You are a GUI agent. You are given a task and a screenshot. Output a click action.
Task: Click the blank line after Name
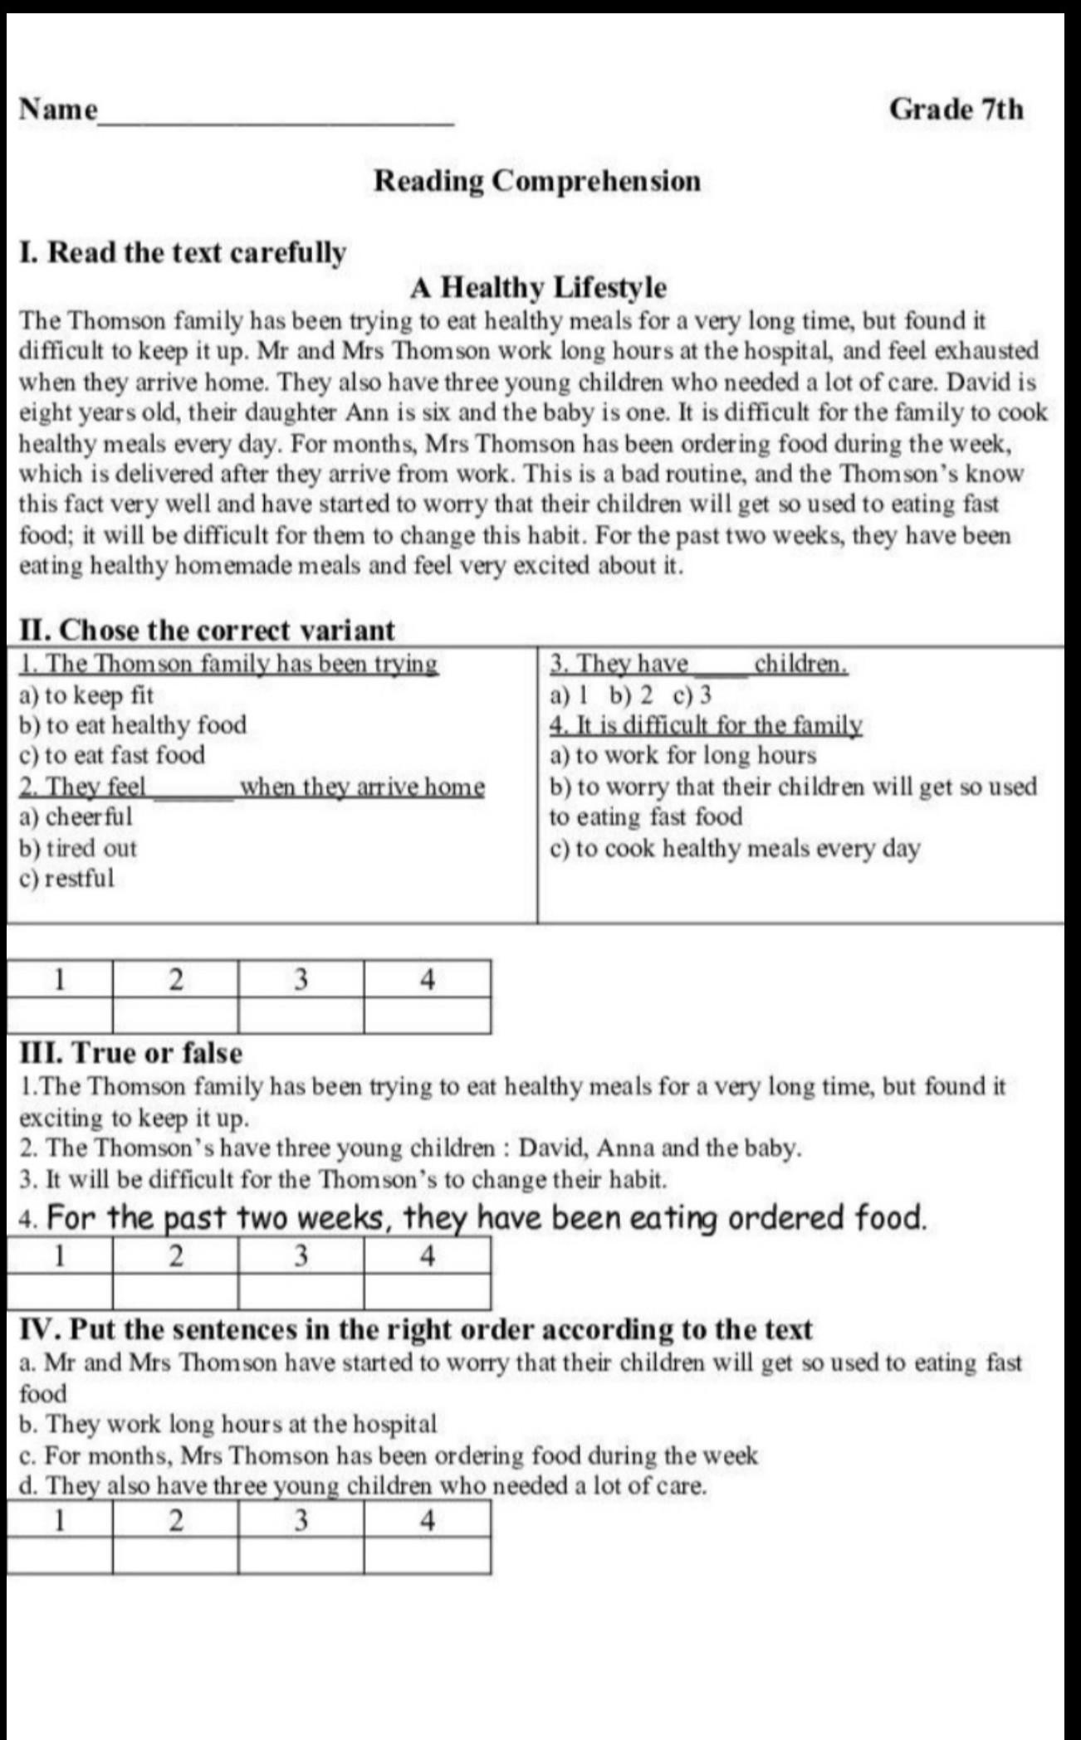coord(276,116)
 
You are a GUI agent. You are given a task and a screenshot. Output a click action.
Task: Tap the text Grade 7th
coord(956,109)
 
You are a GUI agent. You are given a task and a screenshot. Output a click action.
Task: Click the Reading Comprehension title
coord(537,181)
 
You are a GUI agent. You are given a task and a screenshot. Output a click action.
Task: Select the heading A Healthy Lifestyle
coord(537,288)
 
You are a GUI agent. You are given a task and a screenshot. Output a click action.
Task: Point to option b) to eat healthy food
coord(133,725)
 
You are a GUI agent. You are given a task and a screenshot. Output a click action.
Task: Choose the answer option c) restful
coord(66,878)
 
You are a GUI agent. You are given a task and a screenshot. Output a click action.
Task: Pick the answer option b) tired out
coord(77,848)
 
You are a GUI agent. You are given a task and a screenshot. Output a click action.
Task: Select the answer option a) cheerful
coord(76,816)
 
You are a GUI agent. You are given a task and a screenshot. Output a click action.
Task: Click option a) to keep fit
coord(86,695)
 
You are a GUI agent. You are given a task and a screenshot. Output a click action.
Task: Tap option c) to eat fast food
coord(111,755)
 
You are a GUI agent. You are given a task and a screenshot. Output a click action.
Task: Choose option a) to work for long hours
coord(682,755)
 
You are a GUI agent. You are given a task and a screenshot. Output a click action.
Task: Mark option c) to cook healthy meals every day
coord(735,848)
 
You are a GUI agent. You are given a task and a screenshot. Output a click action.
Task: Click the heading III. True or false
coord(131,1053)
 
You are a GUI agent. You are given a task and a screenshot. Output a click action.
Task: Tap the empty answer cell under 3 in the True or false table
coord(301,1291)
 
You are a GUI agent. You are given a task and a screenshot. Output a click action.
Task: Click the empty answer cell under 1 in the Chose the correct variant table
coord(60,1015)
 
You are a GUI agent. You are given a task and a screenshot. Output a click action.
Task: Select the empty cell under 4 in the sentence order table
coord(427,1556)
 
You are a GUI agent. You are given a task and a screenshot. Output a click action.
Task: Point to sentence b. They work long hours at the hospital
coord(227,1424)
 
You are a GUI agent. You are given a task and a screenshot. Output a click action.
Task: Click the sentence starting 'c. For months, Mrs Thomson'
coord(389,1455)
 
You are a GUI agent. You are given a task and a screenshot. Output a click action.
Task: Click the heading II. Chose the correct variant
coord(207,631)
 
